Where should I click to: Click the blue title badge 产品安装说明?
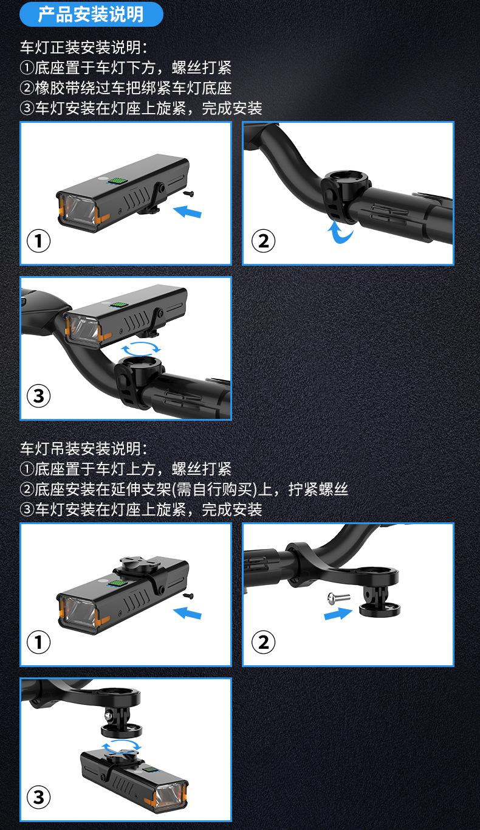click(x=91, y=14)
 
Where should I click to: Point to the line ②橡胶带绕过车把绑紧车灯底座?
click(x=126, y=88)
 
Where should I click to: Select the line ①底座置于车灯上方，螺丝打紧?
click(x=126, y=469)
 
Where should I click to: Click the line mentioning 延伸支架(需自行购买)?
click(x=184, y=489)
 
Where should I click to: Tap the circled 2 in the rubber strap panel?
click(x=263, y=241)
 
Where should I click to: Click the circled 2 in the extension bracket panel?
click(x=263, y=643)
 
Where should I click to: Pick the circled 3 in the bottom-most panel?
click(x=38, y=797)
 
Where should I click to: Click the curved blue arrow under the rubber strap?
click(x=340, y=232)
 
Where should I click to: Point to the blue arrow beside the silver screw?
click(x=338, y=614)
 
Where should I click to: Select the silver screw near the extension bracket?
click(x=339, y=597)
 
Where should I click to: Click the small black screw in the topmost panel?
click(x=190, y=193)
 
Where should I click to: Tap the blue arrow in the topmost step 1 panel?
click(x=187, y=212)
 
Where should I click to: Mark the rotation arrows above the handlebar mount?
click(x=141, y=348)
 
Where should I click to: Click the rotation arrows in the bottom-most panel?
click(x=121, y=747)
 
